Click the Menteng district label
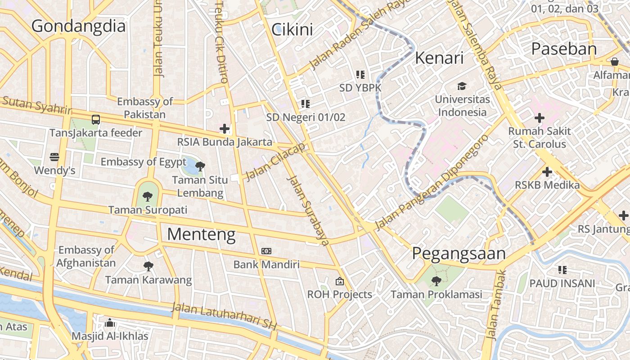click(201, 234)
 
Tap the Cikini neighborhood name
click(292, 30)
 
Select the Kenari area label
click(439, 58)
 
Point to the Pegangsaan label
click(459, 254)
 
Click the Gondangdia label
click(78, 26)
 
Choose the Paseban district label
click(564, 49)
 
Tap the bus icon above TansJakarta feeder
click(96, 120)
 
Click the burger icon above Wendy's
click(54, 157)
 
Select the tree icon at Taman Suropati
click(147, 196)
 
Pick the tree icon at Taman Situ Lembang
click(200, 166)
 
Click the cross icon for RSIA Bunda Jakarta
click(224, 129)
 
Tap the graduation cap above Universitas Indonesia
click(462, 86)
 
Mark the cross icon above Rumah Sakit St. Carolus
click(539, 118)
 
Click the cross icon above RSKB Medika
click(547, 172)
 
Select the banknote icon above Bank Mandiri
click(266, 251)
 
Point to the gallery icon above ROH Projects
click(340, 281)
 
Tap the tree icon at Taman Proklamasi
click(436, 281)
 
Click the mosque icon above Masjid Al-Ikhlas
click(110, 323)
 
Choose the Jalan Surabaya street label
click(308, 211)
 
